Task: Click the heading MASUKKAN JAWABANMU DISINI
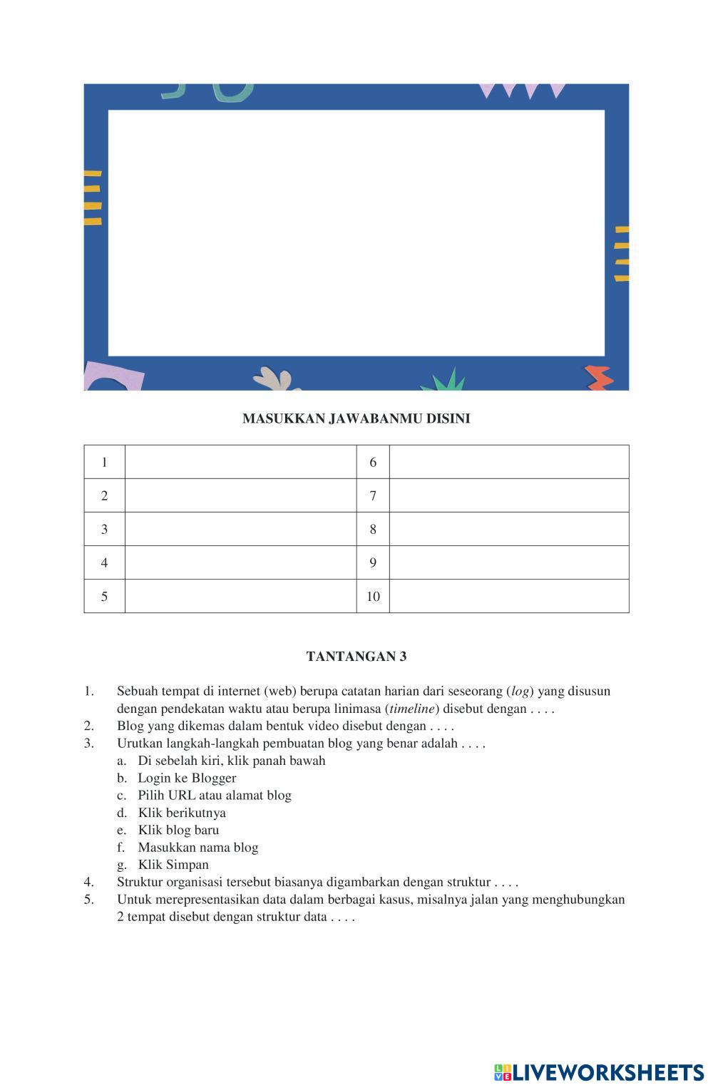pos(356,418)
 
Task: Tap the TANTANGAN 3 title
pos(356,657)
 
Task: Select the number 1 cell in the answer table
pos(104,462)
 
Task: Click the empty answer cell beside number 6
pos(508,462)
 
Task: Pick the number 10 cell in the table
pos(373,596)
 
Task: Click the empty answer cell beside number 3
pos(240,529)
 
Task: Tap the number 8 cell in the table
pos(373,529)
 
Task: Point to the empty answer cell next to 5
pos(240,596)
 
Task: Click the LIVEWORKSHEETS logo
pos(598,1072)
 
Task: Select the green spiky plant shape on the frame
pos(443,381)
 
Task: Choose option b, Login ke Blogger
pos(187,778)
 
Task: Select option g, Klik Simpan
pos(173,865)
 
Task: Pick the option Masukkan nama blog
pos(198,847)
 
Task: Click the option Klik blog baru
pos(178,830)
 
